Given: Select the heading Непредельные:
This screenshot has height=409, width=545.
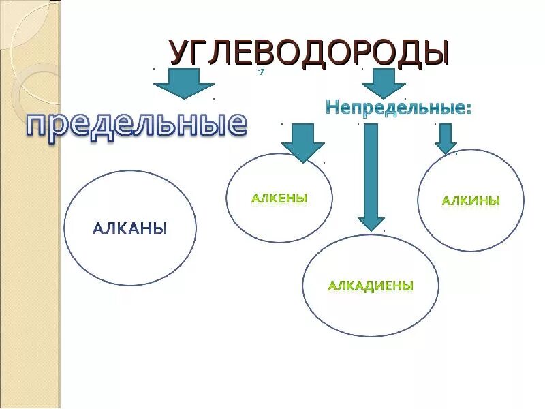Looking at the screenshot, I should [398, 107].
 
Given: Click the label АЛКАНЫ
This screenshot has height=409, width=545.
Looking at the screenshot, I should [129, 228].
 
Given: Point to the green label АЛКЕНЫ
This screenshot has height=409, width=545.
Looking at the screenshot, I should [279, 198].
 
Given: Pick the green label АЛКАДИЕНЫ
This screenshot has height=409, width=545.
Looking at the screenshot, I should [371, 286].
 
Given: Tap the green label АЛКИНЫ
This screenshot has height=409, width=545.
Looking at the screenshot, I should [471, 200].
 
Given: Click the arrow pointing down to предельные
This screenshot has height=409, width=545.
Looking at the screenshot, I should [183, 85].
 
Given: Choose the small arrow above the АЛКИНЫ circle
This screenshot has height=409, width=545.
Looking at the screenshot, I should [446, 138].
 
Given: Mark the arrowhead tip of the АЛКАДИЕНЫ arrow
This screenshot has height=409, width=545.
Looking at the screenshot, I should [371, 229].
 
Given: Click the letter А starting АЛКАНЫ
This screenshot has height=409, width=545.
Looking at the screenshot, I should [97, 228].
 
